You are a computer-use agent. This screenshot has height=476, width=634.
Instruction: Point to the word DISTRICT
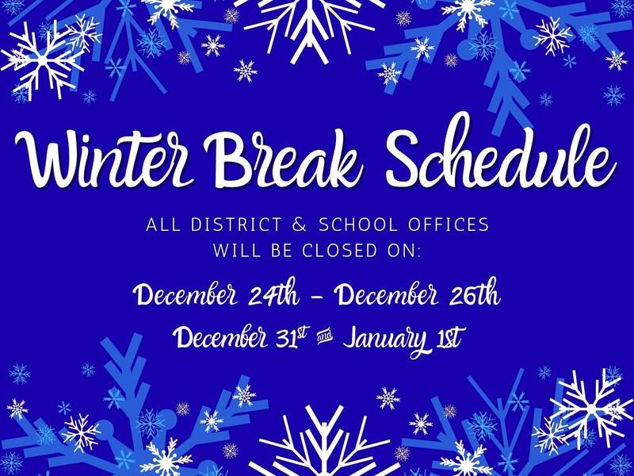(x=231, y=225)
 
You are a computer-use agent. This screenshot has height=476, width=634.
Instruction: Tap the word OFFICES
(x=451, y=225)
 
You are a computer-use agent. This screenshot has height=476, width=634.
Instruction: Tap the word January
(x=384, y=339)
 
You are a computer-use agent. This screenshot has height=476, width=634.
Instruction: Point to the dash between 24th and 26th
(x=317, y=299)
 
